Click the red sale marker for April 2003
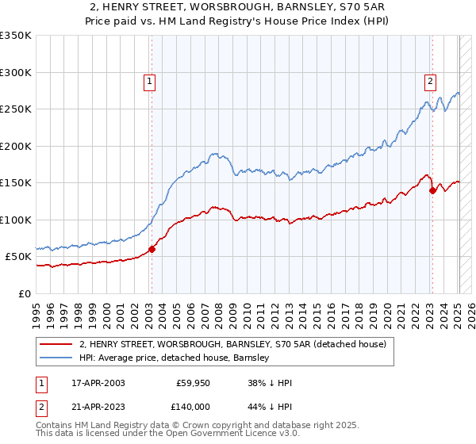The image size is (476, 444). [152, 250]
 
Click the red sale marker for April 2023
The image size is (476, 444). [432, 190]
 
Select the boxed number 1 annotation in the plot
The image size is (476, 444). [150, 80]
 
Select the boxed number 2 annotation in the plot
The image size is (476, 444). [430, 80]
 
